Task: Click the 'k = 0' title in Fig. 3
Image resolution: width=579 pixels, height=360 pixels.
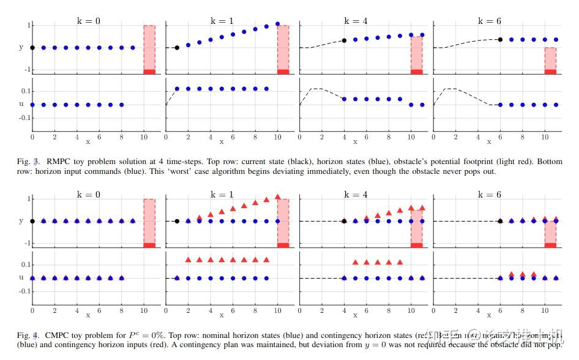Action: [x=89, y=20]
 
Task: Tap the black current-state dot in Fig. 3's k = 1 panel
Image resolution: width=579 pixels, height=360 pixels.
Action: [x=177, y=48]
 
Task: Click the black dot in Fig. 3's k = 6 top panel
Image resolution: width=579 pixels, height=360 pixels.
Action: [x=500, y=40]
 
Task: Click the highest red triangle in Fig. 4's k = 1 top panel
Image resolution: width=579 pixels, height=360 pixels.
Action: [x=278, y=197]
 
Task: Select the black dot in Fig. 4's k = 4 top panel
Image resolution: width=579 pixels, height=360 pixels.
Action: [x=344, y=221]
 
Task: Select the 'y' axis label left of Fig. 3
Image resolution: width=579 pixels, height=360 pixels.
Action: [x=21, y=47]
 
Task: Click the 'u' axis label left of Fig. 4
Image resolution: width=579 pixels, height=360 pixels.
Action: [x=21, y=278]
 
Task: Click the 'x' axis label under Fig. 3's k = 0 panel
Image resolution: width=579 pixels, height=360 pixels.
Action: [x=88, y=141]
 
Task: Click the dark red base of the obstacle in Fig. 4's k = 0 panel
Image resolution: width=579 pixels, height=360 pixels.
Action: [x=149, y=245]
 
